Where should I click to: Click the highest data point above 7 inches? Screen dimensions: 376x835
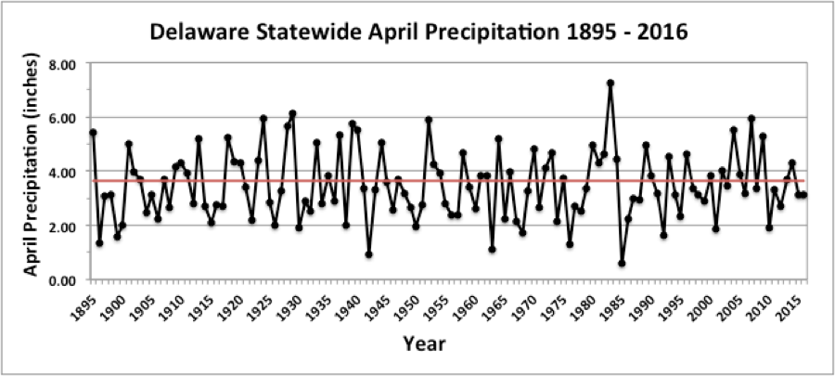tap(610, 83)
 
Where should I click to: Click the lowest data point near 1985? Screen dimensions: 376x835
tap(622, 264)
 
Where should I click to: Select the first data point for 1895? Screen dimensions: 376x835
tap(93, 132)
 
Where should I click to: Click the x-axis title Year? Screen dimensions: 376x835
tap(426, 344)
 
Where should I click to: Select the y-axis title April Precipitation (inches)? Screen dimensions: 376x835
tap(31, 172)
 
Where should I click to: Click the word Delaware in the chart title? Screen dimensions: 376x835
tap(194, 33)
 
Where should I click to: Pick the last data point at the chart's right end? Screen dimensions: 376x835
tap(803, 195)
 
